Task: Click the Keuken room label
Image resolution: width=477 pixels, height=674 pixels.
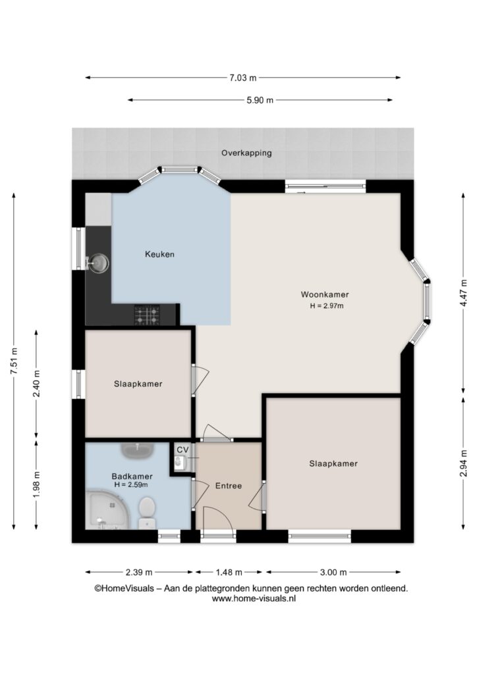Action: pos(159,254)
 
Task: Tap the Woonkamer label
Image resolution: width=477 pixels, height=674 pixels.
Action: pos(325,294)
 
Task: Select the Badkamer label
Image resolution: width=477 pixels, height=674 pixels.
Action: pos(132,477)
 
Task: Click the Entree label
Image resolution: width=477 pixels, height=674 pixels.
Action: pos(229,486)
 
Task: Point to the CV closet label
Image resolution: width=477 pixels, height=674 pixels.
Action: pos(182,450)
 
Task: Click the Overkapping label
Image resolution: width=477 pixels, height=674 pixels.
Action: pos(246,153)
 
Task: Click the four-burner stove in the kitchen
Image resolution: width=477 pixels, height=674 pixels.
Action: pos(147,315)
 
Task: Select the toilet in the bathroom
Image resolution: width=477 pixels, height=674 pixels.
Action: pos(147,512)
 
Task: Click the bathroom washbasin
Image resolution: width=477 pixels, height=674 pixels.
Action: pos(138,451)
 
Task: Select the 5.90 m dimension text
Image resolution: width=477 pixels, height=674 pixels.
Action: pos(260,100)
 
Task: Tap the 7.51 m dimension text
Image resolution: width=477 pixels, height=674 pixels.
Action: pos(14,361)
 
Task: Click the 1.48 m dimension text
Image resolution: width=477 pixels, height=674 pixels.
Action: pos(229,572)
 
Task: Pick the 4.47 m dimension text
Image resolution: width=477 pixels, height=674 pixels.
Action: pos(463,293)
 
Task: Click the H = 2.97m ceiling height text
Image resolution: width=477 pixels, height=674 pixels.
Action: pos(327,306)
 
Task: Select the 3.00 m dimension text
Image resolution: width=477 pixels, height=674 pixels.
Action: pos(333,572)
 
